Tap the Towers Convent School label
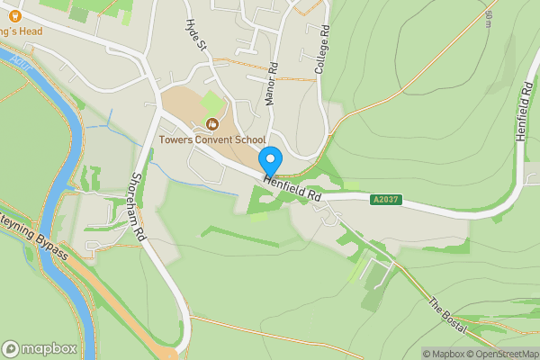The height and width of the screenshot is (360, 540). pos(212,139)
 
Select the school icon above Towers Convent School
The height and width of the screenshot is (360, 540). pos(212,123)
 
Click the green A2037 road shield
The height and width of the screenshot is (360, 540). pos(385,199)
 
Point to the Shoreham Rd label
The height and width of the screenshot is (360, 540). pos(139,205)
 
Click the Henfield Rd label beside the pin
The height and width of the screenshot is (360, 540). pos(293,189)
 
